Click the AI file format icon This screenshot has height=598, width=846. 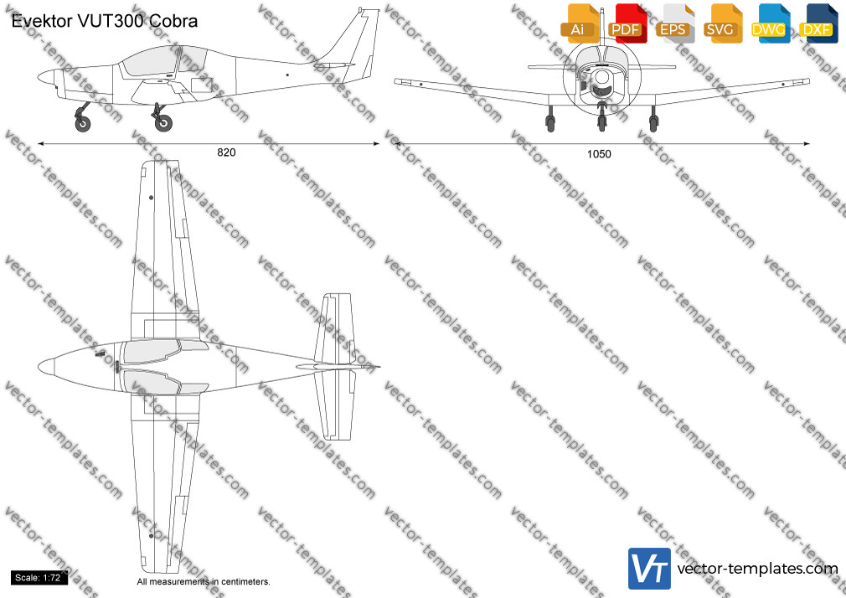point(580,23)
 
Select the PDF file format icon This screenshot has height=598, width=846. point(627,23)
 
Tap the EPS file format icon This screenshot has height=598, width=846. point(675,23)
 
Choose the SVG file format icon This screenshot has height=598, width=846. point(722,23)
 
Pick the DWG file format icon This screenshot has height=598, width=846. point(771,23)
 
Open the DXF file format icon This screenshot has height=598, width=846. point(818,23)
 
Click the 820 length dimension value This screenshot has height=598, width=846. point(226,152)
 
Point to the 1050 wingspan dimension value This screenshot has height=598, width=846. point(599,154)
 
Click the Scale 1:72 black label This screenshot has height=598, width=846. point(38,578)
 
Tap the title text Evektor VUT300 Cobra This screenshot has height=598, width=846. point(104,21)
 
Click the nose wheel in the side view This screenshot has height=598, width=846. point(83,124)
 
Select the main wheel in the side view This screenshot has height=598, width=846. point(163,123)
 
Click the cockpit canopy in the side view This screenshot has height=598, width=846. point(163,60)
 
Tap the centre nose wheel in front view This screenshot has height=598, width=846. point(601,122)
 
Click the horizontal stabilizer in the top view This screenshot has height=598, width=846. point(335,367)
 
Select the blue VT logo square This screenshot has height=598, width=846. point(650,569)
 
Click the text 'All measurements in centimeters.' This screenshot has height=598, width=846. point(204,582)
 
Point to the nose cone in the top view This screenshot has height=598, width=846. point(46,367)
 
